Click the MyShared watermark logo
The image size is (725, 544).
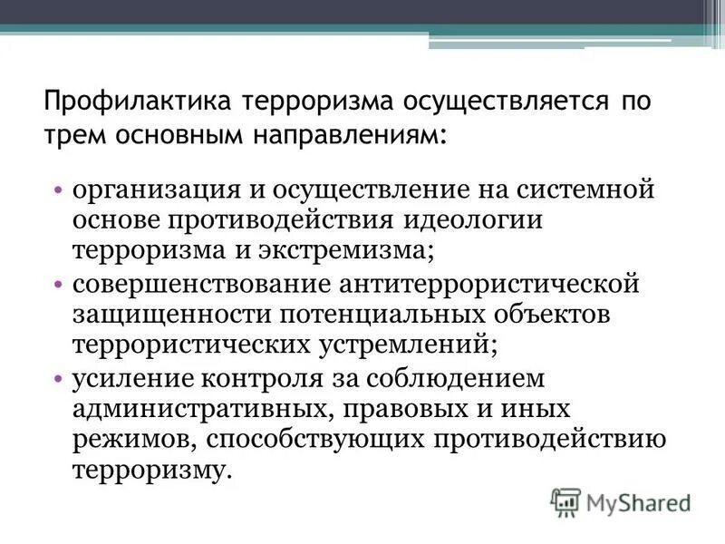pos(621,500)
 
